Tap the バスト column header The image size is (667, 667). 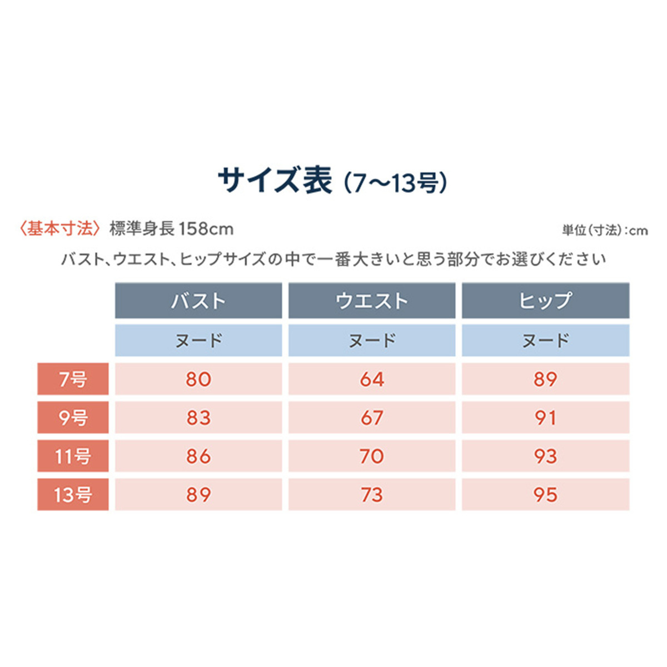[198, 301]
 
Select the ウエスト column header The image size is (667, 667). [372, 301]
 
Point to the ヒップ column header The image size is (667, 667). [545, 301]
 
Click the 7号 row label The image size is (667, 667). [73, 379]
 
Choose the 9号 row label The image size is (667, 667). [73, 417]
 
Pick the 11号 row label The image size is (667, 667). [73, 456]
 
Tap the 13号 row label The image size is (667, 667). [73, 495]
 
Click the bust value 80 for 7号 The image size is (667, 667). [198, 379]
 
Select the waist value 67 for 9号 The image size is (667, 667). [372, 417]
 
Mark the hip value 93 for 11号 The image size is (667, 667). [545, 456]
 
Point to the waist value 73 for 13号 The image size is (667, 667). [372, 495]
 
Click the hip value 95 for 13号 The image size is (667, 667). [545, 495]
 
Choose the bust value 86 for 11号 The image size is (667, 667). [198, 456]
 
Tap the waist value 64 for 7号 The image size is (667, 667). [372, 379]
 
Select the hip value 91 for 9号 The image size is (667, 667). [545, 417]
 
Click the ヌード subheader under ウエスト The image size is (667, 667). [372, 340]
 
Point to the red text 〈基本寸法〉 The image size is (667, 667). [59, 228]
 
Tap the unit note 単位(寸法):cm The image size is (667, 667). [605, 230]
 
